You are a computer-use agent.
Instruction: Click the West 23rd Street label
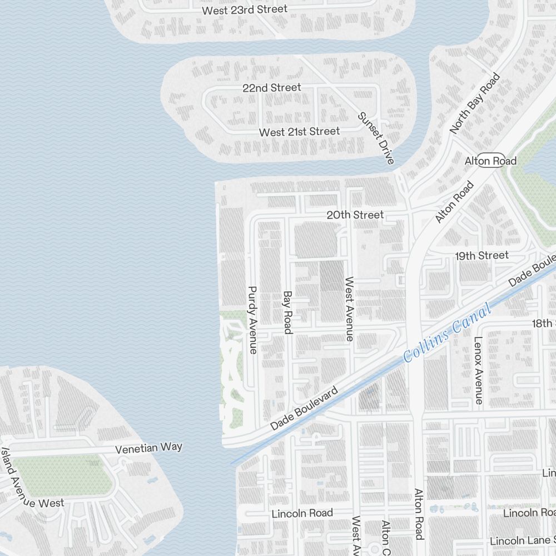point(245,10)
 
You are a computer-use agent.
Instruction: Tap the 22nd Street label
point(271,88)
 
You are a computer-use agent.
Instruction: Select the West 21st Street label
point(299,132)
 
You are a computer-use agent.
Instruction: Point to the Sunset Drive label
point(376,138)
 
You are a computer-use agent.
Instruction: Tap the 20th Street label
point(355,215)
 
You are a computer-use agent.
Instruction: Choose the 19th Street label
point(481,255)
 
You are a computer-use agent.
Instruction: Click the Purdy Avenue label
point(253,320)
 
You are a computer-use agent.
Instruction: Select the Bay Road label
point(287,312)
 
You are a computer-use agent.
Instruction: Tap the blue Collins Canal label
point(448,332)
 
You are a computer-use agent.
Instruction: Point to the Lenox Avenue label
point(478,370)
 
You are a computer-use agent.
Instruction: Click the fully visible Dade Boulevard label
point(304,409)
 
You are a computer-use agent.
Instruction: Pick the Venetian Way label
point(148,448)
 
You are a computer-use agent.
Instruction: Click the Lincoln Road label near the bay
point(302,513)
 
